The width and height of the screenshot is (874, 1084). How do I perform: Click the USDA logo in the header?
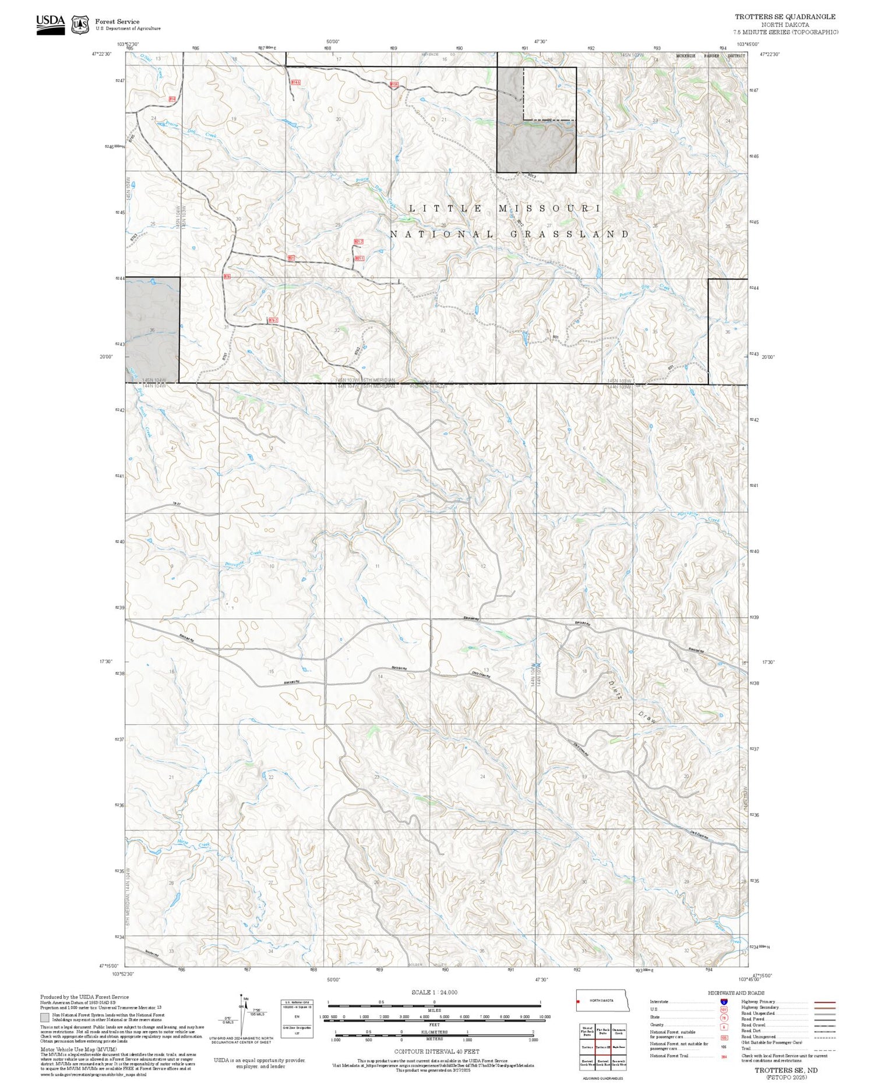tap(50, 24)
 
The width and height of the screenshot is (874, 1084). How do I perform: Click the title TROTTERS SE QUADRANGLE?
tap(784, 17)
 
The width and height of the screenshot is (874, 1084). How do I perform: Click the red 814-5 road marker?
tap(295, 83)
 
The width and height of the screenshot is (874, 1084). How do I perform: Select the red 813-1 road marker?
tap(394, 84)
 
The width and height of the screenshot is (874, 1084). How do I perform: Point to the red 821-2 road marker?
tap(359, 241)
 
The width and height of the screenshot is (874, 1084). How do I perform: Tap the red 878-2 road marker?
tap(273, 320)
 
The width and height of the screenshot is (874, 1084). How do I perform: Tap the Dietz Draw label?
tap(632, 702)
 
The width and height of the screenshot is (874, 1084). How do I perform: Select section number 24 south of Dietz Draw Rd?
tap(482, 777)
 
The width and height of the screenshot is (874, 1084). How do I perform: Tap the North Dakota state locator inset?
tap(602, 1000)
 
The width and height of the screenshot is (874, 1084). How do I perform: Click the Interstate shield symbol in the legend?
tap(723, 1001)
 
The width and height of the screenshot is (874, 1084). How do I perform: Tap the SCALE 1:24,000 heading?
tap(434, 992)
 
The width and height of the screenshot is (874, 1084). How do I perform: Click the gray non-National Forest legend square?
tap(45, 1018)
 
